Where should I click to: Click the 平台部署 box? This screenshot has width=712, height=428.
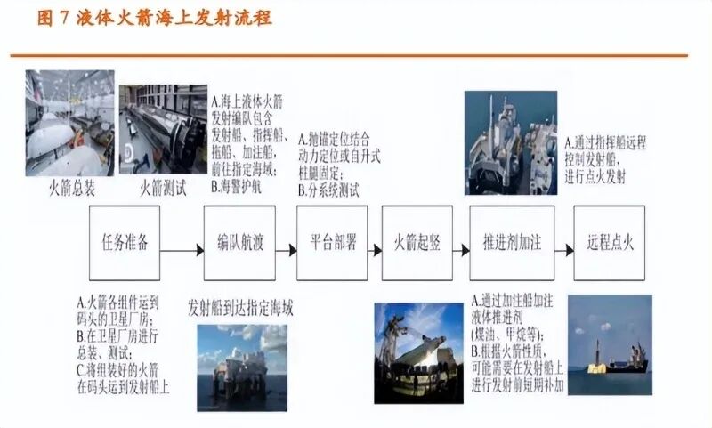[x=332, y=242]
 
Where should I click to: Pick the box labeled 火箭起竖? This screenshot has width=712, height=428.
[x=417, y=242]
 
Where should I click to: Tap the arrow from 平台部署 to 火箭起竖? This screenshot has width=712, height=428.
[x=374, y=242]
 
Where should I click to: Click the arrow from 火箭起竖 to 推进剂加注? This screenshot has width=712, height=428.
[x=461, y=242]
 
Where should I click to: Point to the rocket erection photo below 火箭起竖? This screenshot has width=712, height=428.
[x=418, y=350]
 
